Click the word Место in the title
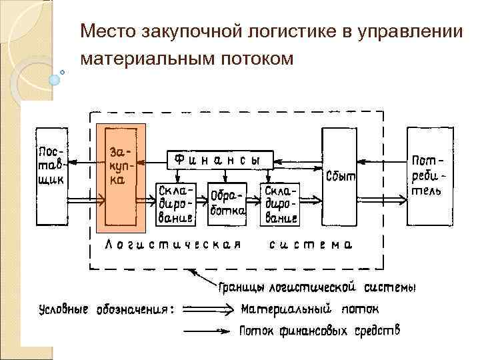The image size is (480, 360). (107, 31)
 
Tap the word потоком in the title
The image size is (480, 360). (258, 59)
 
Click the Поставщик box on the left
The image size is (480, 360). (53, 175)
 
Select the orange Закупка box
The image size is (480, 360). (121, 178)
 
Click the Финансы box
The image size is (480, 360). (219, 159)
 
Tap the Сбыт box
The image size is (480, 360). (340, 177)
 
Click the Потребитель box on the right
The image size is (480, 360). (427, 175)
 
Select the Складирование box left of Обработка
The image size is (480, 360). (176, 203)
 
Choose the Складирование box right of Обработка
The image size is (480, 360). (280, 203)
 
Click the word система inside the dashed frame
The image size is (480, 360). (311, 245)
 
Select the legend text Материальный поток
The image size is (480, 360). (310, 309)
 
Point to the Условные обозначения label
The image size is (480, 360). (107, 309)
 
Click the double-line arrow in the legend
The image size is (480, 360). (208, 309)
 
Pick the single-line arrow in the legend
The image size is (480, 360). (208, 330)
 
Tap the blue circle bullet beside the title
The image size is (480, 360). (55, 78)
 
